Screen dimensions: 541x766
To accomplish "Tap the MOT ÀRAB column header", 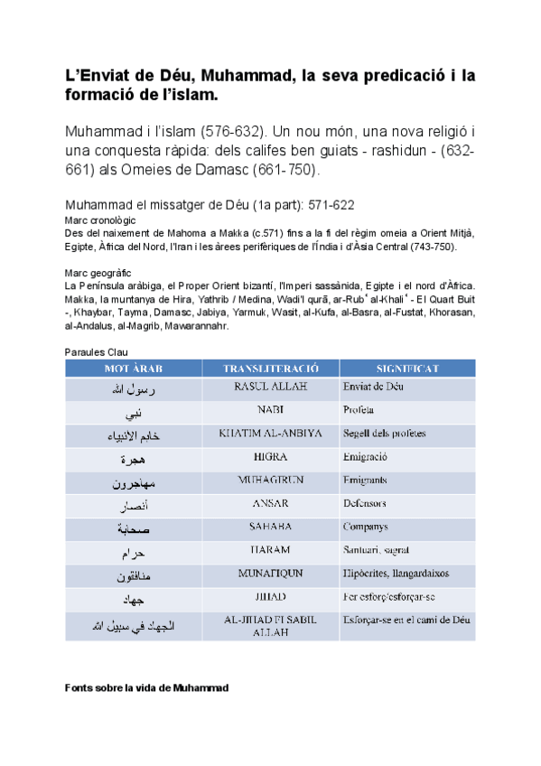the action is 133,369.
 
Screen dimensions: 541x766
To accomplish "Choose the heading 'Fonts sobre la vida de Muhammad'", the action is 147,688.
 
